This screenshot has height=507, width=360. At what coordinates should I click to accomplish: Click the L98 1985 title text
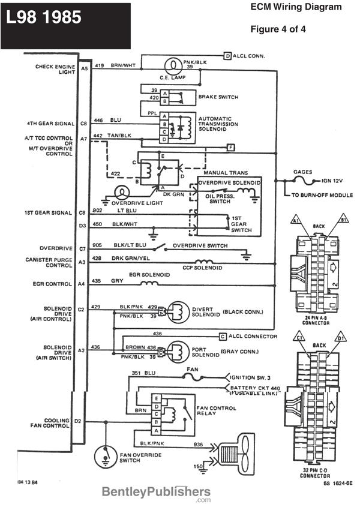click(44, 18)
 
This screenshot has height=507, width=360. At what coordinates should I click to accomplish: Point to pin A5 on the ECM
click(84, 69)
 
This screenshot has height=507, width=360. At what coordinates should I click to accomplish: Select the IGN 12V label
click(335, 180)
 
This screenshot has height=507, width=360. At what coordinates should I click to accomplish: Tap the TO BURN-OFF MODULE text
click(322, 195)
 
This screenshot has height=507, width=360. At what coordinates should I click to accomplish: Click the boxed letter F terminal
click(231, 147)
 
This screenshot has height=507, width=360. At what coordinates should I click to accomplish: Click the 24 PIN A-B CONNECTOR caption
click(316, 320)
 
